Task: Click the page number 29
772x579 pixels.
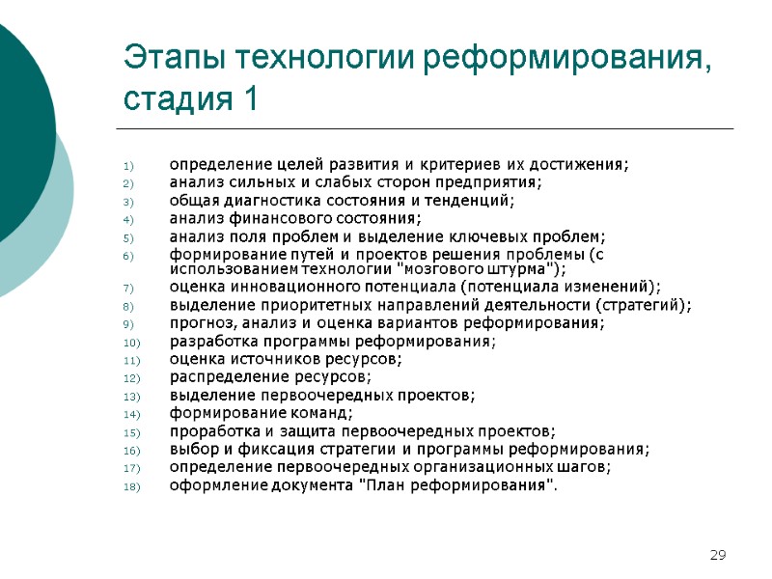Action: (x=717, y=555)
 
